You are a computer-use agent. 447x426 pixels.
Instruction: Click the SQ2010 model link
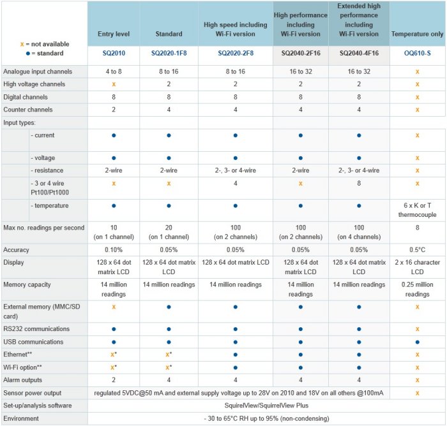point(114,55)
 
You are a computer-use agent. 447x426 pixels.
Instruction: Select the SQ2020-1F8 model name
point(169,55)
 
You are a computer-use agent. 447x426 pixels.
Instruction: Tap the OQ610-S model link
point(417,55)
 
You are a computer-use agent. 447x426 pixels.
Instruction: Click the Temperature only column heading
point(417,34)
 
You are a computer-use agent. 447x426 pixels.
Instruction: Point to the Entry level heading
point(114,34)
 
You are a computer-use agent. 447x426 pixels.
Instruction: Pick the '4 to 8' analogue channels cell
point(114,71)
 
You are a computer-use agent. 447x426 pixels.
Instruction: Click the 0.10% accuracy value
point(114,249)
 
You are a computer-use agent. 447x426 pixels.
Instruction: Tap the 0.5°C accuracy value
point(417,249)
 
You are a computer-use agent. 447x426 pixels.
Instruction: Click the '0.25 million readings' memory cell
point(417,289)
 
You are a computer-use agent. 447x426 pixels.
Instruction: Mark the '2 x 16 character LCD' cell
point(417,267)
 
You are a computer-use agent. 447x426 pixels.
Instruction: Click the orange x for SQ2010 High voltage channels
point(114,84)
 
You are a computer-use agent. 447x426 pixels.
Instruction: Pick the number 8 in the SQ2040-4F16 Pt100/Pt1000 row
point(359,183)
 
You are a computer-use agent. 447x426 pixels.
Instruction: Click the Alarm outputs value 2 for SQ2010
point(114,380)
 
